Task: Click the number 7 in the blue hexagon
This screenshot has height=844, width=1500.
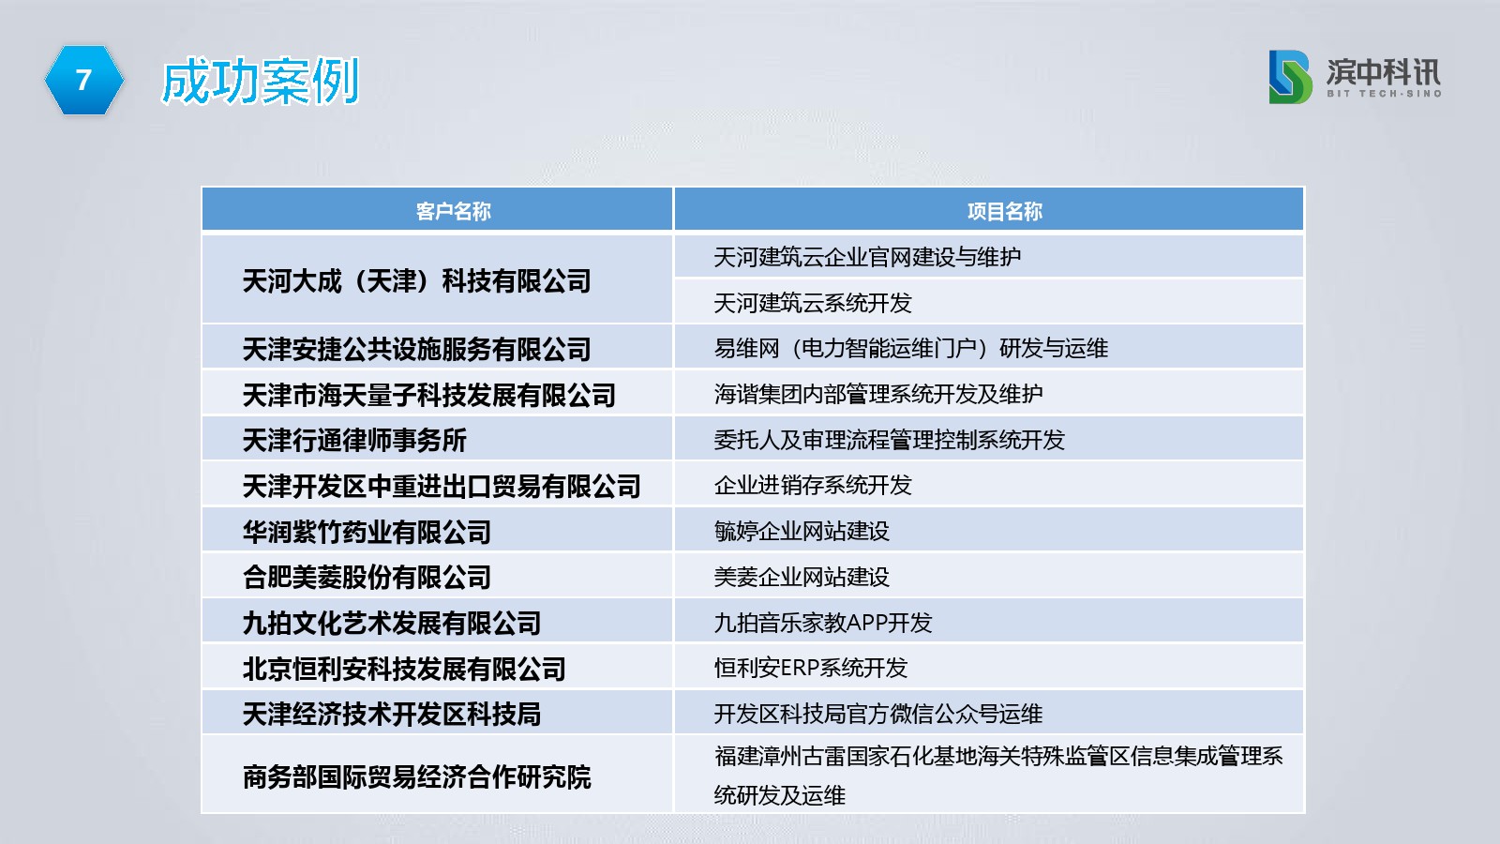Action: pyautogui.click(x=83, y=81)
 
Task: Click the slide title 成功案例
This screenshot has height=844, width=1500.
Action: pyautogui.click(x=261, y=81)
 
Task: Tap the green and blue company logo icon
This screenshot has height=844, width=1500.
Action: pyautogui.click(x=1290, y=77)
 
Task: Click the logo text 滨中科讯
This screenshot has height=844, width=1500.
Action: pyautogui.click(x=1384, y=72)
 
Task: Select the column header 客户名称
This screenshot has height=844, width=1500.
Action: pyautogui.click(x=454, y=212)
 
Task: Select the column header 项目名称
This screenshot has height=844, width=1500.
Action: pyautogui.click(x=1004, y=212)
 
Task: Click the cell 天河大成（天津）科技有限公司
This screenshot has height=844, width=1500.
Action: pyautogui.click(x=416, y=280)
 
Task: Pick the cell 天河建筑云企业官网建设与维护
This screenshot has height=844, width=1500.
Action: pyautogui.click(x=867, y=257)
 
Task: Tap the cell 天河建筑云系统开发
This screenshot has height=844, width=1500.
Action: pyautogui.click(x=813, y=303)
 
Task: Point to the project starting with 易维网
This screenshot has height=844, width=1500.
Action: pyautogui.click(x=910, y=348)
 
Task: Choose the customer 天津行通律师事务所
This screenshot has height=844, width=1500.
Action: pyautogui.click(x=354, y=441)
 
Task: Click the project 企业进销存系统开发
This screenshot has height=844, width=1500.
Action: pyautogui.click(x=813, y=485)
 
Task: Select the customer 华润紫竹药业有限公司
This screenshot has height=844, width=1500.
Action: pyautogui.click(x=367, y=533)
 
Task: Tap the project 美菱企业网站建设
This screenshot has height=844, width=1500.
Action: pyautogui.click(x=802, y=577)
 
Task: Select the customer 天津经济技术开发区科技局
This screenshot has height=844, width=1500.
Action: pyautogui.click(x=392, y=714)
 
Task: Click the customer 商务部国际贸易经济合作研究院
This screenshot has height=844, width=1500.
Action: pyautogui.click(x=416, y=777)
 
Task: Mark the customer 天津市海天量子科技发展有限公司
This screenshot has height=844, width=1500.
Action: pyautogui.click(x=429, y=395)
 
